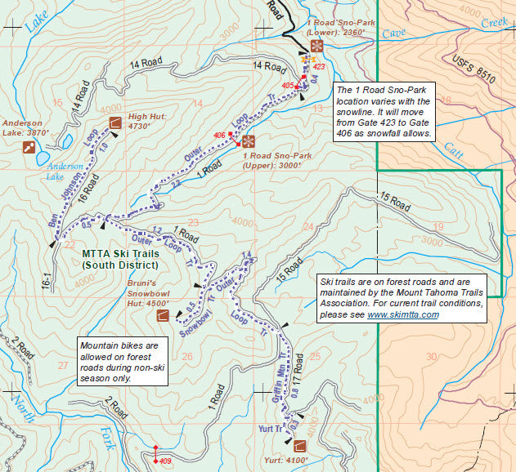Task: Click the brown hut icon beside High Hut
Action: click(114, 123)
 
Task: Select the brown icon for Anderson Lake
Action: click(30, 148)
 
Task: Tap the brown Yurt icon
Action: click(299, 446)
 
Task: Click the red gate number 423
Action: click(319, 67)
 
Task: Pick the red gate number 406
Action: click(218, 135)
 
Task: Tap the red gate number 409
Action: click(165, 461)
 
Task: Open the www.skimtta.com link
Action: click(403, 314)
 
